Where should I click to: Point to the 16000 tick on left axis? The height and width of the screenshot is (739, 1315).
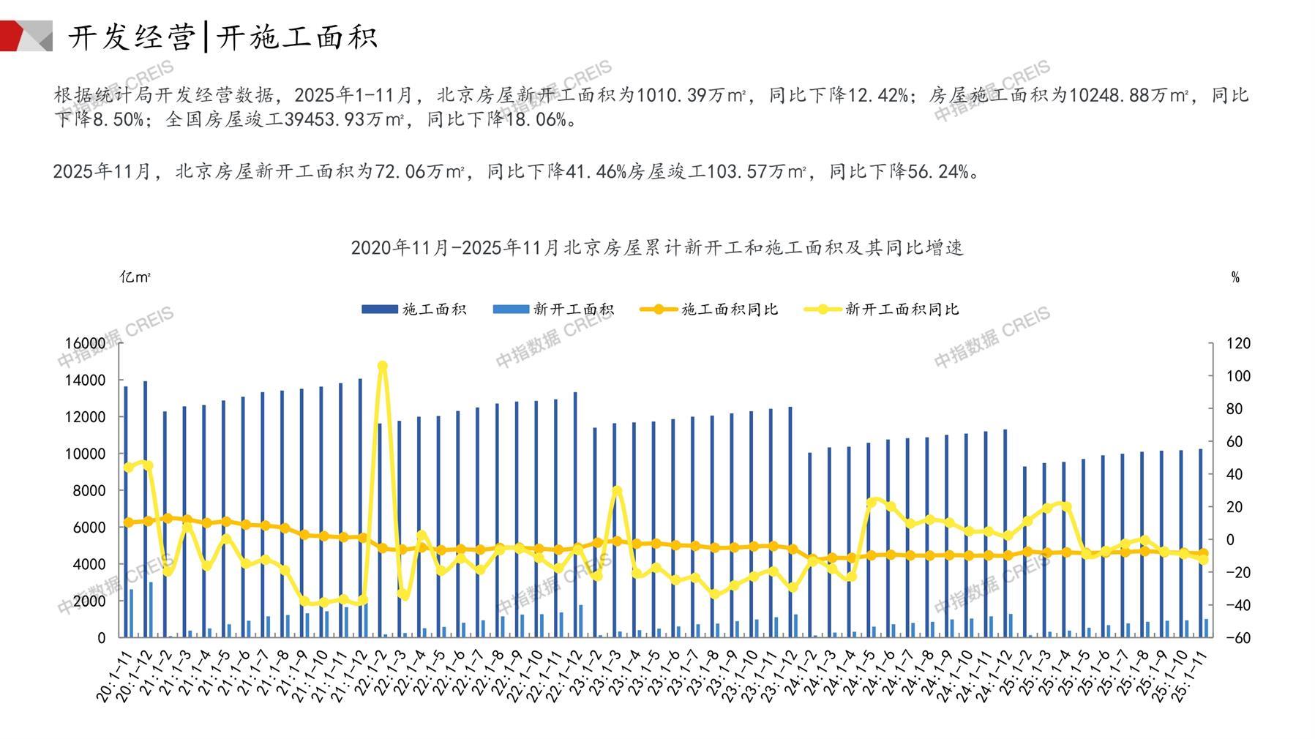coord(86,343)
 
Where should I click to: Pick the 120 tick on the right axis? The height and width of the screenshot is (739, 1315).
coord(1238,343)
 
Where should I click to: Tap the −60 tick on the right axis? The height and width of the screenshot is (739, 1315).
coord(1237,637)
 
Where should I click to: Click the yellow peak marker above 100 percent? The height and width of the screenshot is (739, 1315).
coord(382,366)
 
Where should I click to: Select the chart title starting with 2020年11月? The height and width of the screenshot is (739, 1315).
coord(657,248)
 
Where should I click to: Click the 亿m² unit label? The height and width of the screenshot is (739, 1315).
coord(135,277)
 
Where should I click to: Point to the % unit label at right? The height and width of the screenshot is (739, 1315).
coord(1235,277)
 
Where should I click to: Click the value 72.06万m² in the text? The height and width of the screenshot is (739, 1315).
coord(419,172)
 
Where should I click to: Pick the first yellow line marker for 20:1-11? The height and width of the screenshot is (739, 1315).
coord(129,467)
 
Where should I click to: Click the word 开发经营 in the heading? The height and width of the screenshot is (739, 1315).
coord(132,37)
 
